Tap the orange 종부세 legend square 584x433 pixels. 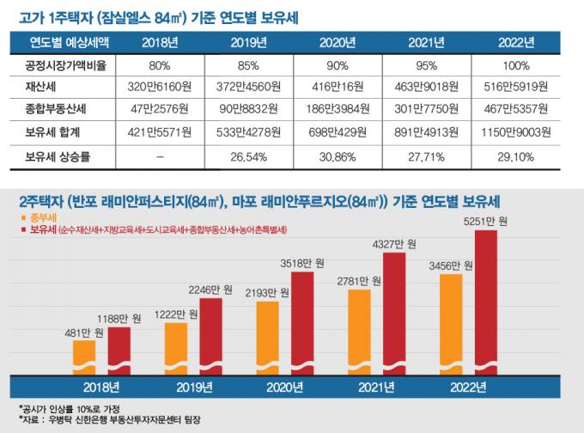click(22, 219)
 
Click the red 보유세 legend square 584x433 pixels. click(22, 230)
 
